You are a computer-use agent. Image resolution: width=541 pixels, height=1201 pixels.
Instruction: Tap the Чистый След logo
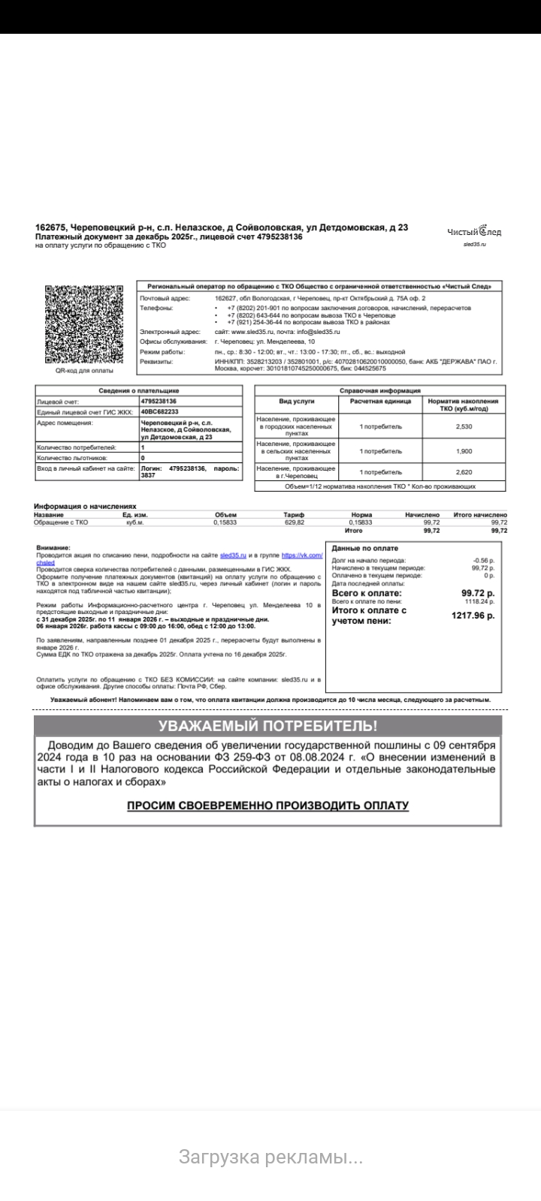pos(474,232)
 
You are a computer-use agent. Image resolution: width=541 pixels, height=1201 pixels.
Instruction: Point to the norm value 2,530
pos(464,426)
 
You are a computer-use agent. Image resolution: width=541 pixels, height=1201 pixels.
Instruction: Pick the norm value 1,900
pos(464,451)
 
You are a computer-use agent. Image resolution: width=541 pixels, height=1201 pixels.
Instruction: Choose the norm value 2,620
pos(464,471)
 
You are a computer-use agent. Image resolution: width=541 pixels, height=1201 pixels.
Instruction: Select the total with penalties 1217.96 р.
pos(473,616)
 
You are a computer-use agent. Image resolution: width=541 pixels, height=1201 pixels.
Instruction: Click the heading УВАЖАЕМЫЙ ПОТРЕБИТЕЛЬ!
pos(267,726)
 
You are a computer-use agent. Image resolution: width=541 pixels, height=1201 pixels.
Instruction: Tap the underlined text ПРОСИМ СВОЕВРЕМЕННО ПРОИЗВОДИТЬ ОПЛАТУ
pos(267,805)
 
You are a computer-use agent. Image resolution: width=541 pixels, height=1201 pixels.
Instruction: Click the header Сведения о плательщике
pos(139,390)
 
